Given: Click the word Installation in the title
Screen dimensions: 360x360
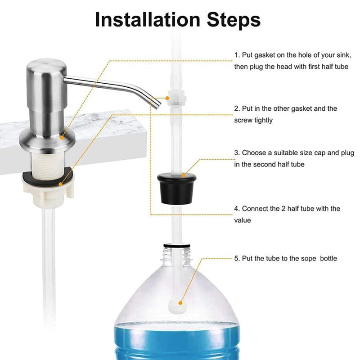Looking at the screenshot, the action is click(148, 20).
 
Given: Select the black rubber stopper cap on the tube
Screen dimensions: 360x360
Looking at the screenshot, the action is click(176, 189).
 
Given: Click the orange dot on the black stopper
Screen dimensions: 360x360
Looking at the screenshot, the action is click(183, 175).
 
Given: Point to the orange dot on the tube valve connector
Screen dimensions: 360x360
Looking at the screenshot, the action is click(167, 98).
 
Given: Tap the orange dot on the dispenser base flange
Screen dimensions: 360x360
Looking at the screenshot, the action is click(62, 138).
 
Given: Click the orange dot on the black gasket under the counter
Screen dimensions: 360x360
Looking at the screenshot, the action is click(60, 184).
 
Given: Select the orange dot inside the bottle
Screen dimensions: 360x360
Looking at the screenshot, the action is click(180, 303).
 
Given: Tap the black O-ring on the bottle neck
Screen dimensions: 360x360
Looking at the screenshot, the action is click(177, 246).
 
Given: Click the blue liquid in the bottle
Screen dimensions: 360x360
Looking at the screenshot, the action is click(177, 342).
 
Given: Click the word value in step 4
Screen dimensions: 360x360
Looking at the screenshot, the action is click(243, 220).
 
